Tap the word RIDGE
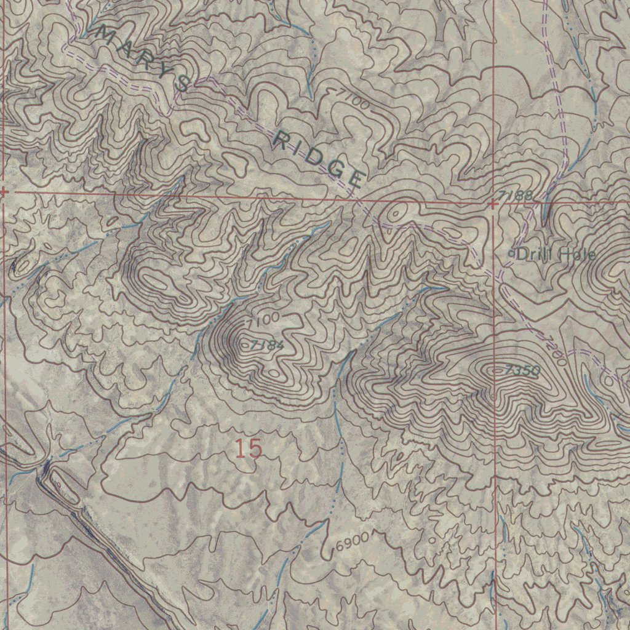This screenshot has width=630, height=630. coord(317,159)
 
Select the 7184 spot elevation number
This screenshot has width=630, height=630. coord(267,346)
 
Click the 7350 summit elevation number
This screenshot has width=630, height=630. coord(524,370)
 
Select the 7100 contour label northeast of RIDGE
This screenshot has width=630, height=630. coord(353,99)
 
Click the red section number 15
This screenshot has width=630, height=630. coord(249,449)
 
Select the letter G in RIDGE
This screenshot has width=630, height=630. coord(337,170)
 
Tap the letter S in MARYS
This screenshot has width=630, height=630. coord(182,84)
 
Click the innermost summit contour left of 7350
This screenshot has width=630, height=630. coord(497,370)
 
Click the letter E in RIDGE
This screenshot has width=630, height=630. coord(356,179)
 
